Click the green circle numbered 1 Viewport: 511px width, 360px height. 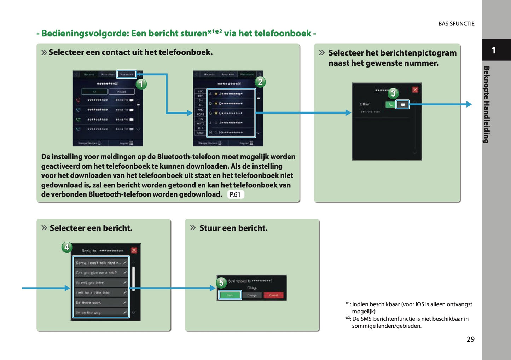[141, 84]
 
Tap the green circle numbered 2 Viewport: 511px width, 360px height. [260, 82]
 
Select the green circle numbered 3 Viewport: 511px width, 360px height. [393, 93]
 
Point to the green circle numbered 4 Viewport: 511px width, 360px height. [67, 247]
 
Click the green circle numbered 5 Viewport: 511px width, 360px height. [221, 283]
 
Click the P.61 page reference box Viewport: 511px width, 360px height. [235, 194]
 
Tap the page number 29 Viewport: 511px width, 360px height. [470, 339]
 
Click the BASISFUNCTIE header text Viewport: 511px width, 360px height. [456, 24]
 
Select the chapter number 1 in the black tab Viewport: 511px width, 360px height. [494, 50]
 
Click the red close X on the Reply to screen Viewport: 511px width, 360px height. [134, 250]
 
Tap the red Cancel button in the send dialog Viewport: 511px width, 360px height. [274, 295]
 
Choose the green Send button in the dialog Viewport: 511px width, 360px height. [230, 295]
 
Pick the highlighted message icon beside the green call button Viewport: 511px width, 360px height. [402, 104]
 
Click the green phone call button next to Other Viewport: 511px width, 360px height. [390, 104]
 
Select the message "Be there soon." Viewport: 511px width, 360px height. [101, 303]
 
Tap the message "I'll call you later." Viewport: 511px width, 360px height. [101, 283]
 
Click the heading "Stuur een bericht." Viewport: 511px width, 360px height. [233, 228]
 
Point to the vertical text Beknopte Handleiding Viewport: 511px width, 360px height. [487, 104]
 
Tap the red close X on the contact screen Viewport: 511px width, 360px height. [415, 90]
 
